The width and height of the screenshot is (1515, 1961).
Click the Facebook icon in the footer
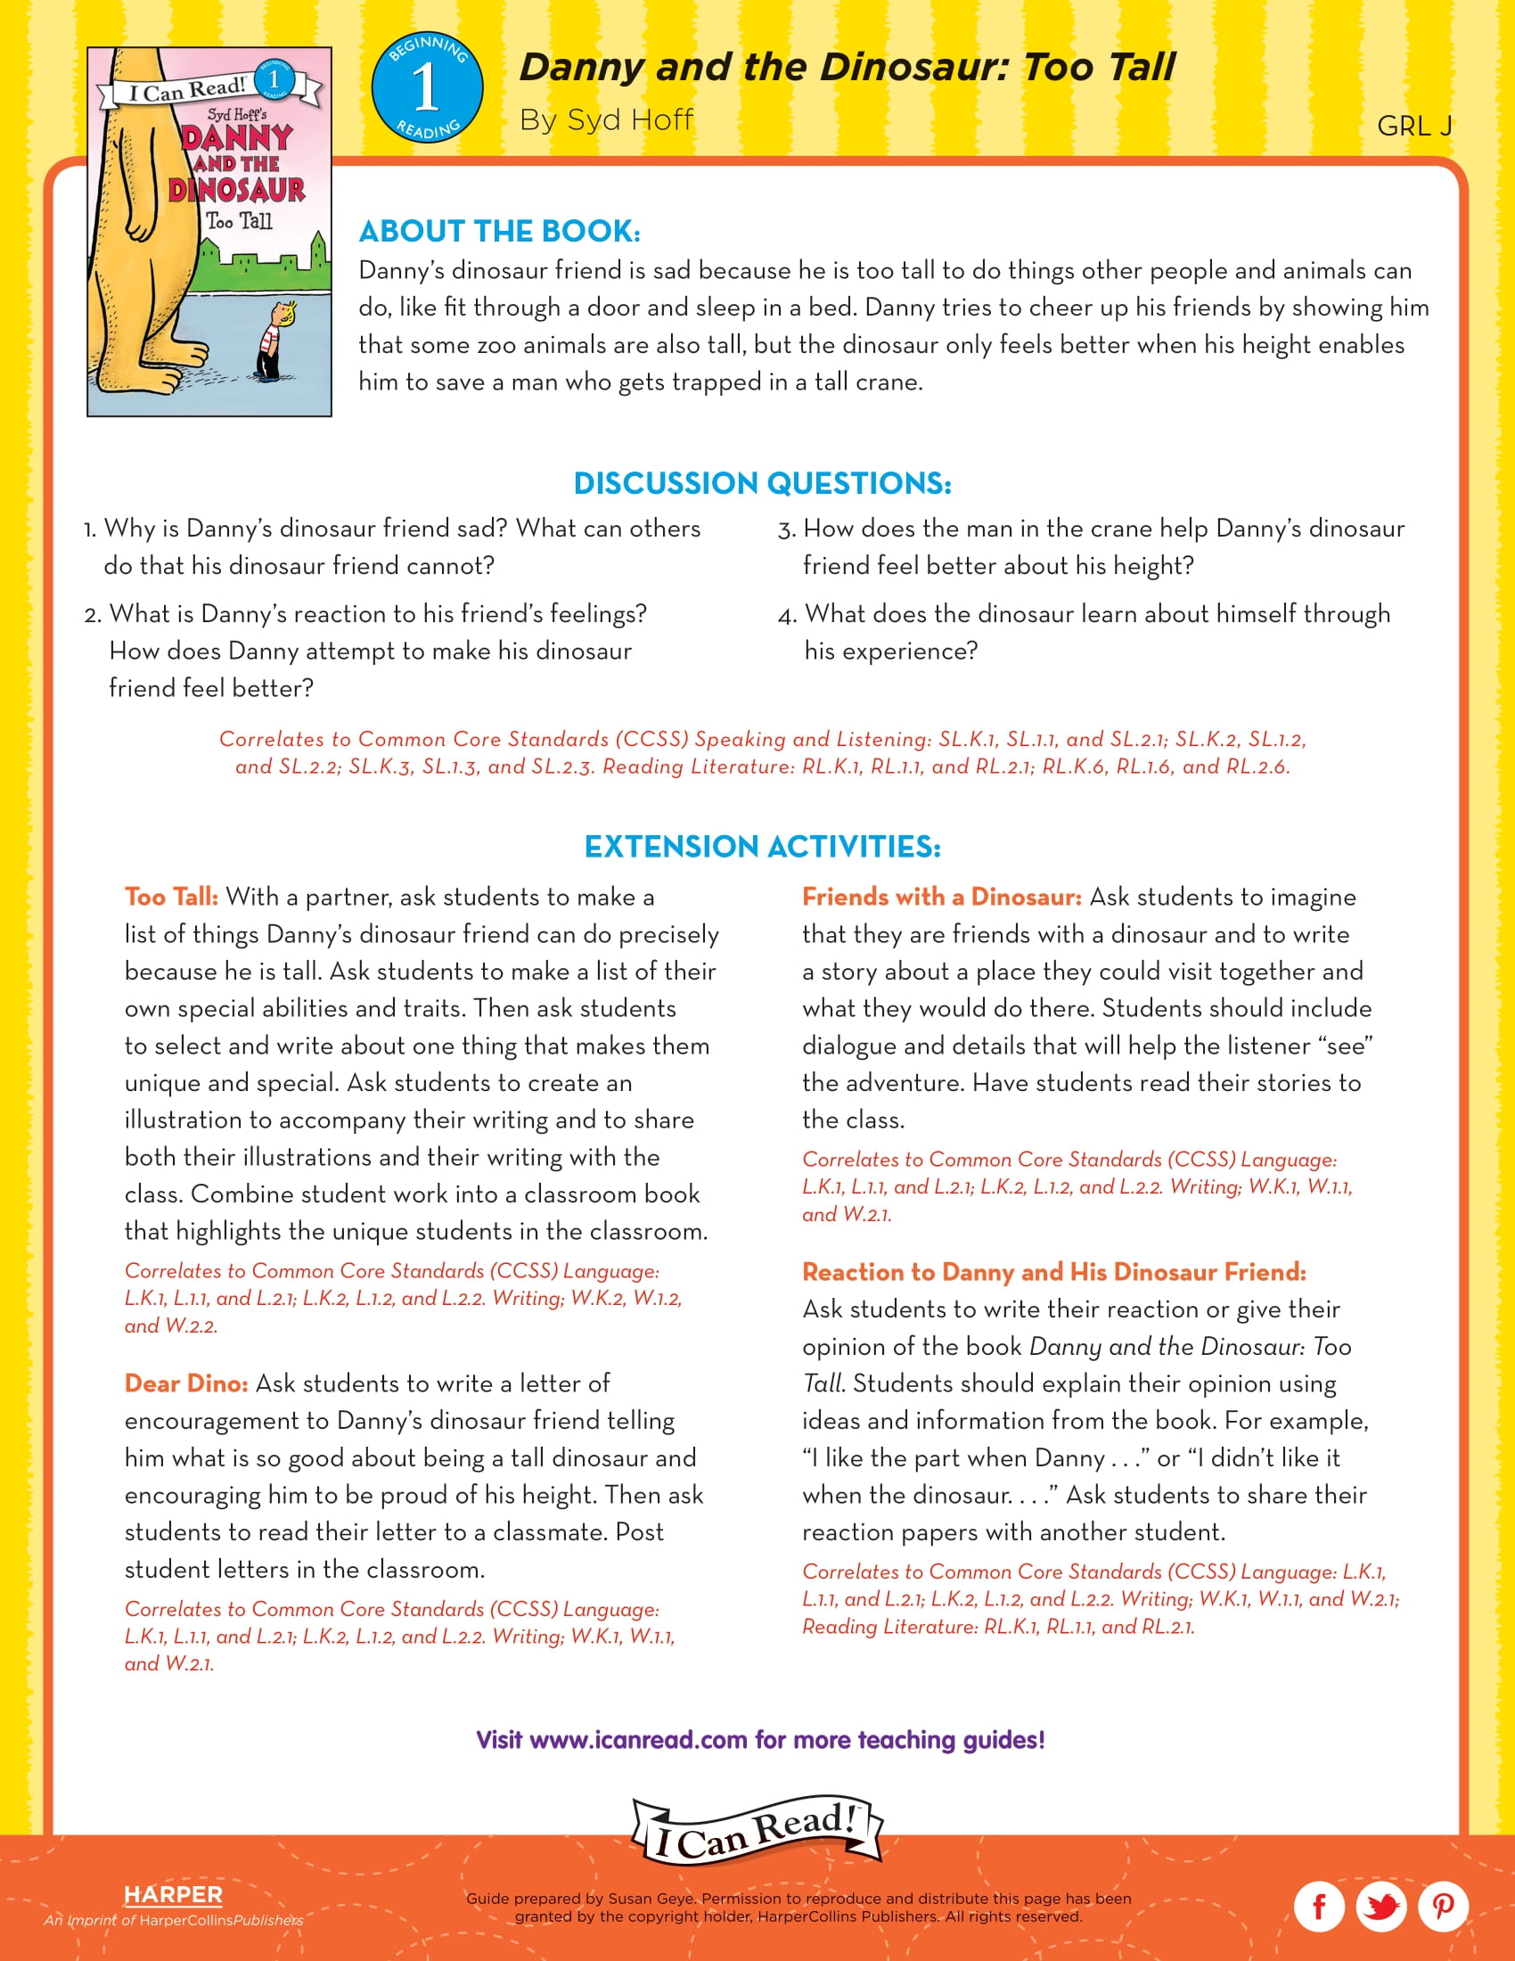point(1318,1906)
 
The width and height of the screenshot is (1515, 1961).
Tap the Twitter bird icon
point(1380,1906)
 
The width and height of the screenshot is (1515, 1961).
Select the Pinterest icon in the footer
point(1442,1906)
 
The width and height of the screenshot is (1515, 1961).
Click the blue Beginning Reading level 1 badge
point(427,88)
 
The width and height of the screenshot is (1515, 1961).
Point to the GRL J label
point(1413,127)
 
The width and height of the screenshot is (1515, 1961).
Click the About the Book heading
point(499,232)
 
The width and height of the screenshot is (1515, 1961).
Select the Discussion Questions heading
point(762,483)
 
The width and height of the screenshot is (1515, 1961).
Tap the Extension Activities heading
point(762,847)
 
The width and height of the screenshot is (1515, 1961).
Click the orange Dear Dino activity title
point(185,1383)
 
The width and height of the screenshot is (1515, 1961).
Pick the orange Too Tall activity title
point(170,897)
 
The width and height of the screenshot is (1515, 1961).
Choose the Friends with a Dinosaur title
point(941,897)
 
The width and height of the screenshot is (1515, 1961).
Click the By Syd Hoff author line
point(606,120)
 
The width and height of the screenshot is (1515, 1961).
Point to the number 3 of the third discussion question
point(786,530)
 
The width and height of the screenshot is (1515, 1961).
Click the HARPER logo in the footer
point(173,1894)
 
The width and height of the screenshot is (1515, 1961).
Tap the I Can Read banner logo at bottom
point(757,1832)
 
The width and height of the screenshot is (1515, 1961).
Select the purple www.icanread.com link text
point(638,1740)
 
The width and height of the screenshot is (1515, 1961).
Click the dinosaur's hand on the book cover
point(140,225)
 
